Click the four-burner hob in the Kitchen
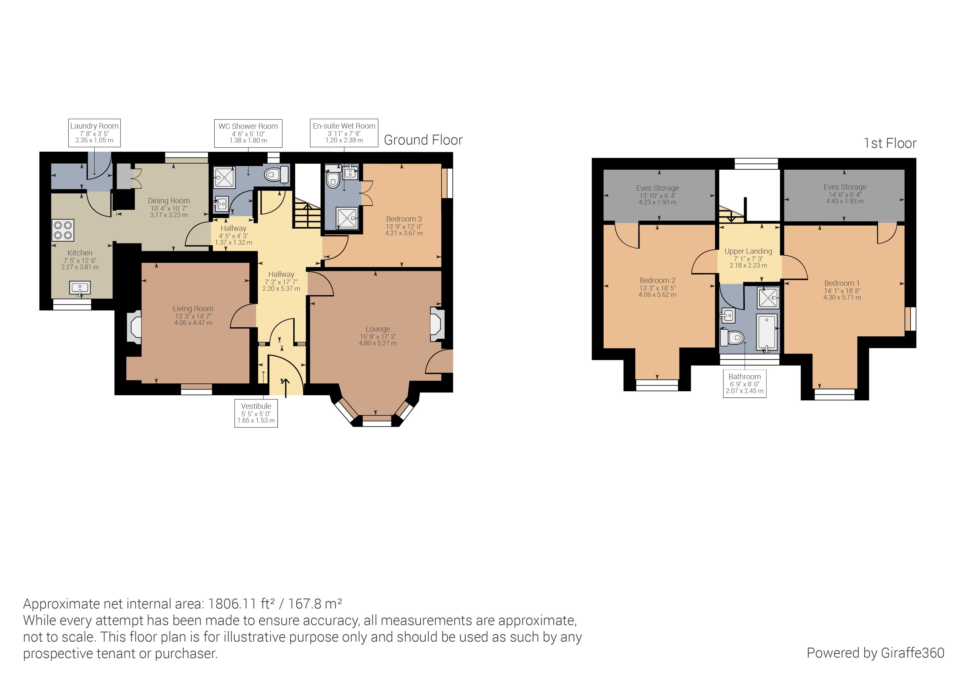(x=63, y=230)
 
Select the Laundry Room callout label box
(x=94, y=133)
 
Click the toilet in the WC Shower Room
(x=276, y=174)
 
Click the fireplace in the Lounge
(x=437, y=324)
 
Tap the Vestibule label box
(x=256, y=413)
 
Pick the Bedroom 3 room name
(x=404, y=219)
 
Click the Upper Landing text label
(x=748, y=251)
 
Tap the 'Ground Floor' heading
(x=423, y=140)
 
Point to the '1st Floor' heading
(x=890, y=143)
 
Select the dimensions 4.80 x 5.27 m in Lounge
(x=377, y=343)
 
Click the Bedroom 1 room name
(x=842, y=283)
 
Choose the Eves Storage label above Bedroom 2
(x=657, y=188)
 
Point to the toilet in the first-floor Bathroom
(x=732, y=337)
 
